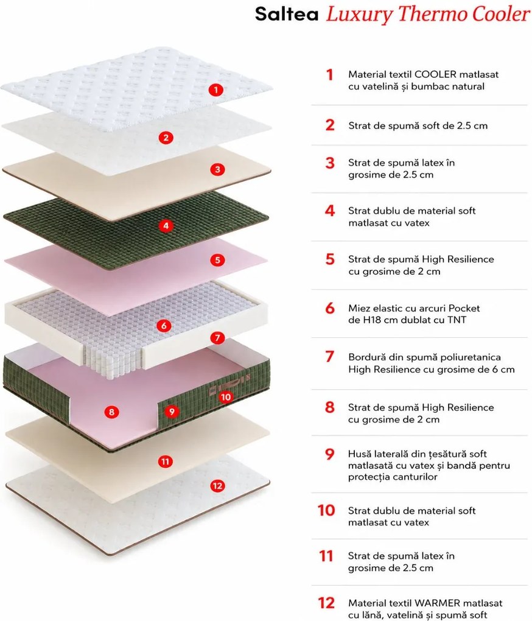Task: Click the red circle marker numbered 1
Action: [215, 90]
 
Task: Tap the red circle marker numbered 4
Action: [166, 226]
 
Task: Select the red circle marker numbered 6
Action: [164, 326]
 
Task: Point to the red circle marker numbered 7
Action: [217, 338]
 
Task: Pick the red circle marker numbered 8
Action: [111, 412]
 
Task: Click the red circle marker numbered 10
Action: [226, 397]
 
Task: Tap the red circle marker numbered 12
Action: [217, 486]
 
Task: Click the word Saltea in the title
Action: [287, 14]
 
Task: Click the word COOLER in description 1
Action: [435, 74]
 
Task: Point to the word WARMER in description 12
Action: [438, 603]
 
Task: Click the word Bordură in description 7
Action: [367, 357]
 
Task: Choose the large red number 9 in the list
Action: [330, 454]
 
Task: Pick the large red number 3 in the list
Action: [330, 163]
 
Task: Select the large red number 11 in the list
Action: [326, 556]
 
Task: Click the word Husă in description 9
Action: [359, 454]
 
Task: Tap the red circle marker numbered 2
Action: [166, 138]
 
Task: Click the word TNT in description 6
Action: [457, 320]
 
